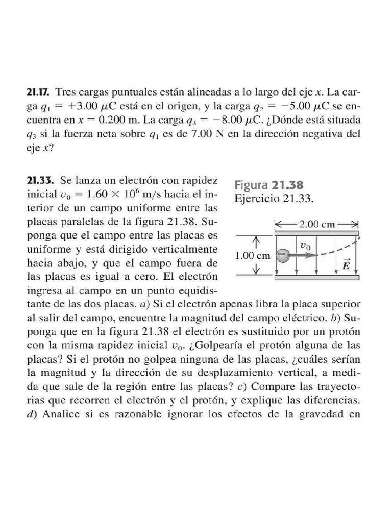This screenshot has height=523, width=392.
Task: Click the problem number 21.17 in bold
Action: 38,93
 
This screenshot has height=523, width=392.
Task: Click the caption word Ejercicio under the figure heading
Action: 257,199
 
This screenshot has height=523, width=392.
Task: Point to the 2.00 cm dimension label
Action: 317,224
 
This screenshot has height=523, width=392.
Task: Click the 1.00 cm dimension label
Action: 252,256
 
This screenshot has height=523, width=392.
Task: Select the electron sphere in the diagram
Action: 282,255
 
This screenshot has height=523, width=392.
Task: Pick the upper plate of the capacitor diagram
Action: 317,233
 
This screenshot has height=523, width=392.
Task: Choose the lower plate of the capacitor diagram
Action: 317,278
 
